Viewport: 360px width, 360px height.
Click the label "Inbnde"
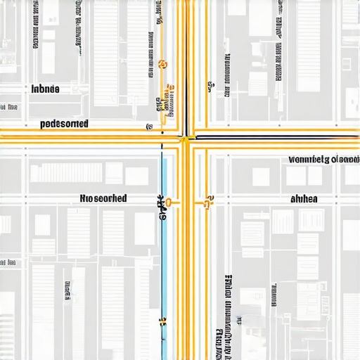pyautogui.click(x=46, y=89)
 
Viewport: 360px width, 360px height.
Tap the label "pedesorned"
pyautogui.click(x=64, y=124)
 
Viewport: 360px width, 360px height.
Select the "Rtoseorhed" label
pyautogui.click(x=103, y=199)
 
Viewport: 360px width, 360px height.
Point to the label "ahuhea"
pyautogui.click(x=304, y=199)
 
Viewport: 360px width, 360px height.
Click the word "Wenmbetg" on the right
pyautogui.click(x=309, y=160)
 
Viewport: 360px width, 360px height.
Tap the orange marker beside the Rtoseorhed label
pyautogui.click(x=167, y=204)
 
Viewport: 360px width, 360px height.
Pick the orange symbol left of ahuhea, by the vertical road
pyautogui.click(x=207, y=202)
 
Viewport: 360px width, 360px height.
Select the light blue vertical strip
pyautogui.click(x=165, y=260)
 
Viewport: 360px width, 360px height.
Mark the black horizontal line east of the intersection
pyautogui.click(x=274, y=136)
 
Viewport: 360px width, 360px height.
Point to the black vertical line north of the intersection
pyautogui.click(x=186, y=63)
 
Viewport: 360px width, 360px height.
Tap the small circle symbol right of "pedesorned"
pyautogui.click(x=149, y=127)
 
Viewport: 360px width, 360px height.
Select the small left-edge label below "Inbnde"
pyautogui.click(x=8, y=107)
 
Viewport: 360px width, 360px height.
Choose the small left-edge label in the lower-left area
pyautogui.click(x=8, y=262)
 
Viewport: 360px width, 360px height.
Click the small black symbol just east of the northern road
pyautogui.click(x=210, y=87)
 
